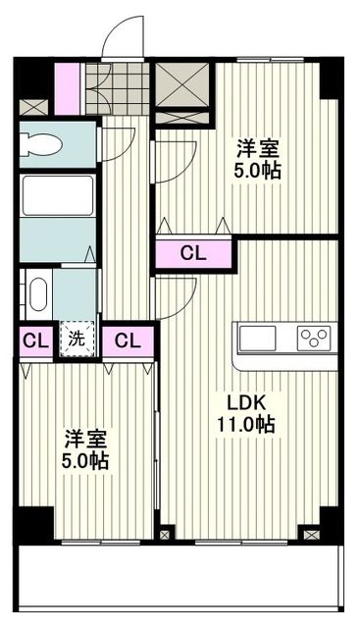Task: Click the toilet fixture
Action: (x=41, y=143)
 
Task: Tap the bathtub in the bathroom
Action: (x=57, y=195)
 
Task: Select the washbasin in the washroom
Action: (x=37, y=293)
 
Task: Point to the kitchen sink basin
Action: (x=258, y=339)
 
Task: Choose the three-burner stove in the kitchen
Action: (x=314, y=339)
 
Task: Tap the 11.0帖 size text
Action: (x=245, y=425)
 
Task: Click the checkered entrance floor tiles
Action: (x=116, y=88)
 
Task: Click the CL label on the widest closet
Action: (x=193, y=253)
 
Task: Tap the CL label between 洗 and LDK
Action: (x=128, y=341)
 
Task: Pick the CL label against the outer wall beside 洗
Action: (x=35, y=341)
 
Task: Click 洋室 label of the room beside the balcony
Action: (x=86, y=439)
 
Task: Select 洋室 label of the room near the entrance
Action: (x=257, y=149)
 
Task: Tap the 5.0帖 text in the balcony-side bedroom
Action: (x=86, y=461)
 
